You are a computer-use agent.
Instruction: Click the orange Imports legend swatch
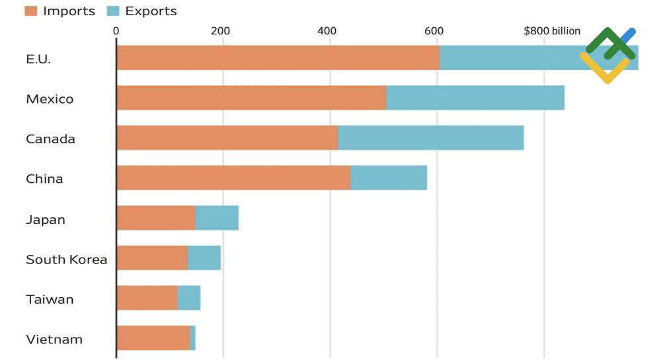click(x=31, y=11)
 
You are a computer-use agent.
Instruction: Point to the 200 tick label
click(x=220, y=31)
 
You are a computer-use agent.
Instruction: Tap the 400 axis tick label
click(x=327, y=31)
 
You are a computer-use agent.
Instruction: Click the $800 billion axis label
click(x=552, y=31)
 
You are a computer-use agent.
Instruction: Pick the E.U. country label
click(x=38, y=59)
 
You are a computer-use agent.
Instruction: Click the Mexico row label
click(x=50, y=99)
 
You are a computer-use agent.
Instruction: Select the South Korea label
click(x=66, y=260)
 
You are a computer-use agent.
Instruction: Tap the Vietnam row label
click(x=54, y=340)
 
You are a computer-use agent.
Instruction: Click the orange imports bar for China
click(x=233, y=178)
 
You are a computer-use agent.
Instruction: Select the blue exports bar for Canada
click(x=430, y=138)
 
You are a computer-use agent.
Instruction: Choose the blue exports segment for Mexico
click(x=475, y=98)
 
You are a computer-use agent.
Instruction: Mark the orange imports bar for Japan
click(x=156, y=218)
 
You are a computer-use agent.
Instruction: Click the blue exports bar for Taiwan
click(x=189, y=298)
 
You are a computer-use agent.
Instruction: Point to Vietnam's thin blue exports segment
click(x=192, y=338)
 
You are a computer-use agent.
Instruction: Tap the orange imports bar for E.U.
click(x=278, y=57)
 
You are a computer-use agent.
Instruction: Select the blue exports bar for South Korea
click(x=204, y=258)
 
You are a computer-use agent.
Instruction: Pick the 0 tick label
click(x=116, y=31)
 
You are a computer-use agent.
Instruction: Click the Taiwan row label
click(x=50, y=299)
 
